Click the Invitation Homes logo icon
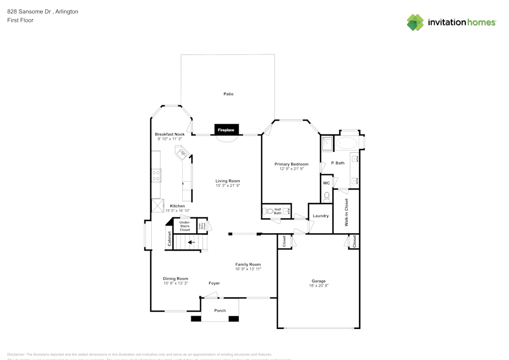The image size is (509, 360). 415,22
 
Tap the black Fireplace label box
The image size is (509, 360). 226,130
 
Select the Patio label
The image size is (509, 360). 229,94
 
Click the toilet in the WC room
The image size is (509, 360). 327,196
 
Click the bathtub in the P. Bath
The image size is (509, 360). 348,143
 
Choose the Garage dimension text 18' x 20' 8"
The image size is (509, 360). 319,286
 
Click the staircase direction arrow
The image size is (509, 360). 191,242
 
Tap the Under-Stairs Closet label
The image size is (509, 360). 185,226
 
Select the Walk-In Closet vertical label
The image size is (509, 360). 347,212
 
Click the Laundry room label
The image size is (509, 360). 321,216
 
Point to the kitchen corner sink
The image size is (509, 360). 181,153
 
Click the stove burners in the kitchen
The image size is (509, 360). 156,176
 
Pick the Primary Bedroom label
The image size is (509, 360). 291,164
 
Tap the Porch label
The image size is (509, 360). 220,311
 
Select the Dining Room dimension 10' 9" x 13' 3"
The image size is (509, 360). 176,283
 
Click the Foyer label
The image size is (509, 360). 214,283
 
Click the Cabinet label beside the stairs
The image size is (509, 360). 169,240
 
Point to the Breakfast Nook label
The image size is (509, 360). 169,134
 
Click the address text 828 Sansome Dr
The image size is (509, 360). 29,11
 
